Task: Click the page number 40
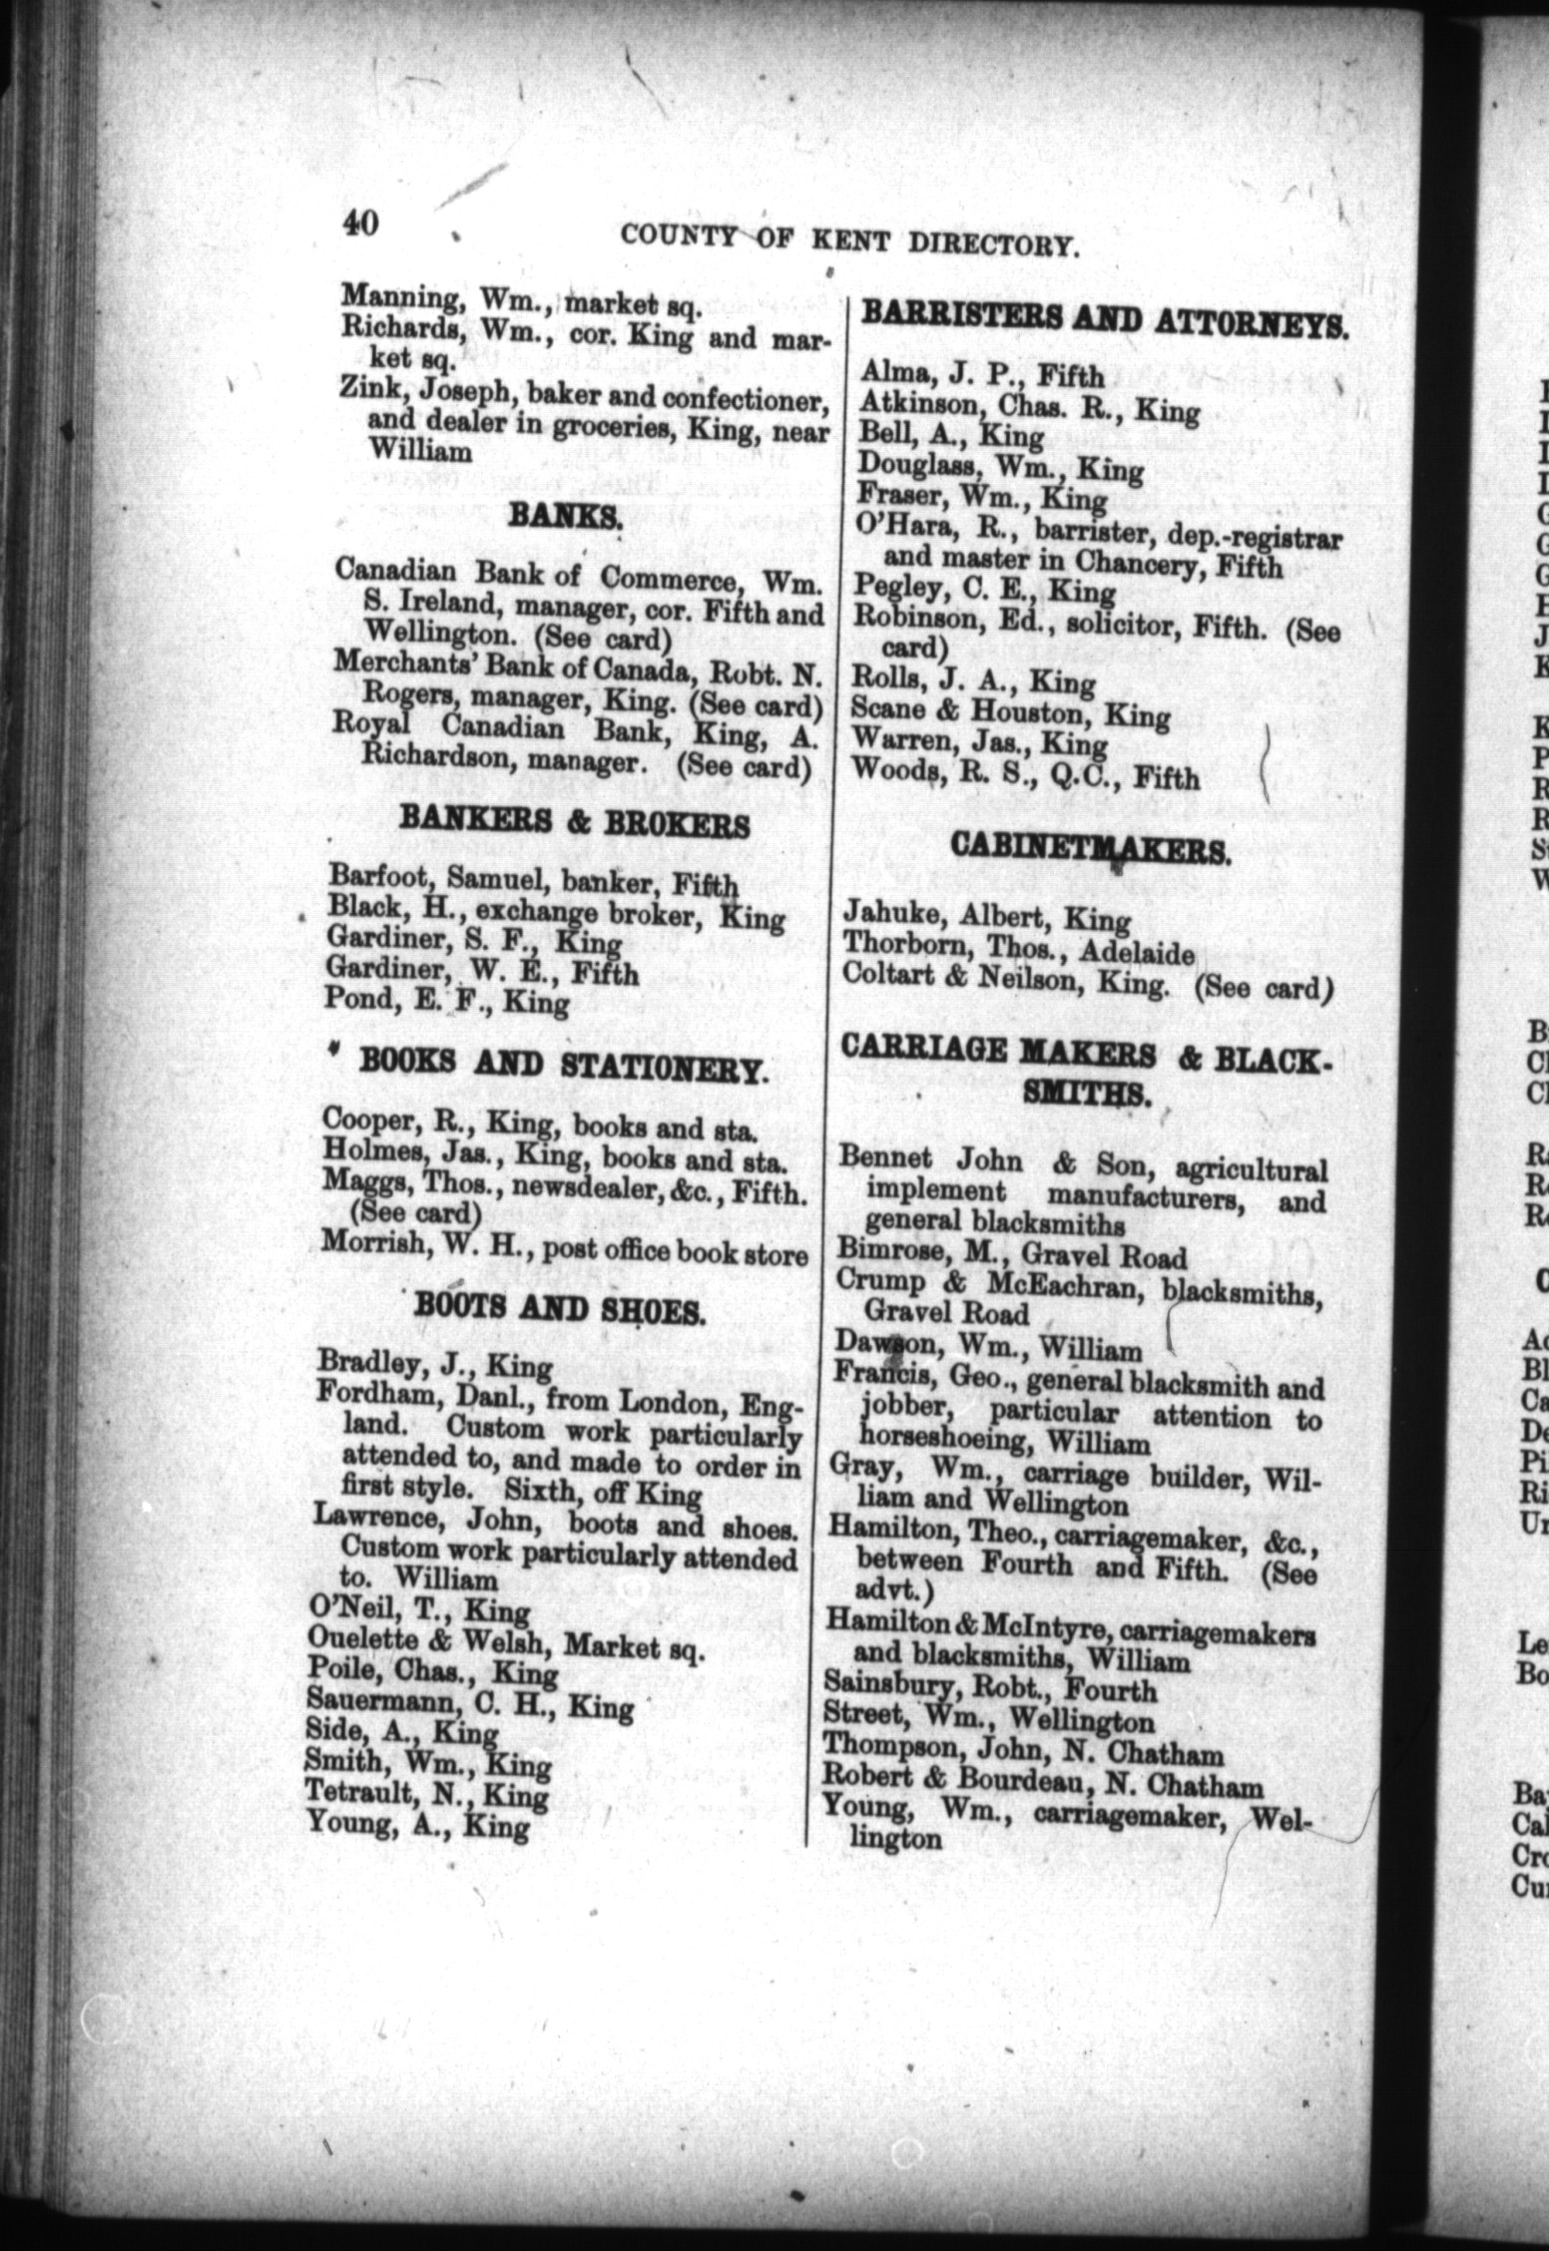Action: [x=359, y=221]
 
